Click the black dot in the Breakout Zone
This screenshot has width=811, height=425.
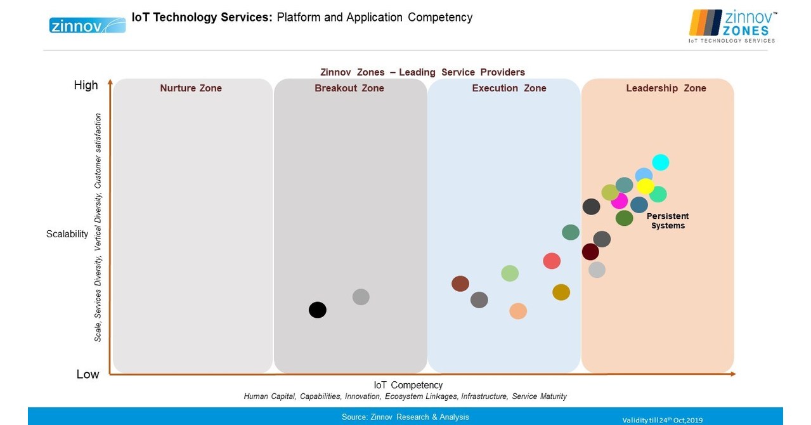318,310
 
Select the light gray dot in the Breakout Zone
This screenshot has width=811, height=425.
361,296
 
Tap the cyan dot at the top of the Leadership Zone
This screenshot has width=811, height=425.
661,162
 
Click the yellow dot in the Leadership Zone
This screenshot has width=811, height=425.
646,186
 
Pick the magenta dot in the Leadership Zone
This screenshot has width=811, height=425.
619,200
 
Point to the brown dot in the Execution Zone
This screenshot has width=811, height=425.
460,284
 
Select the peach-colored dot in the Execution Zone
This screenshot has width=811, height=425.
518,311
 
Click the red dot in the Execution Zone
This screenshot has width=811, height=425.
552,261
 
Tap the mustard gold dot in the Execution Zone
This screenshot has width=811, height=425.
561,292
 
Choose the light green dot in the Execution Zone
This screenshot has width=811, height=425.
510,273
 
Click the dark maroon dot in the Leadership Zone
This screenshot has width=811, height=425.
590,252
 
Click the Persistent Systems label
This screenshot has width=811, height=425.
668,221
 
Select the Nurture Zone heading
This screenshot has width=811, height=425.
191,88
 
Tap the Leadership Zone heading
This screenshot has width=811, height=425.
666,88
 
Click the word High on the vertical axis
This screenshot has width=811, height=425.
86,85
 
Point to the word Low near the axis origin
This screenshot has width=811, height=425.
88,374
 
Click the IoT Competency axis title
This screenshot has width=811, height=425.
408,385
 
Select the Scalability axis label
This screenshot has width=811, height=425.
67,234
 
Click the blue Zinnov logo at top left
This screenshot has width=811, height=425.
88,25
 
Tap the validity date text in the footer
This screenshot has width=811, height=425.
662,420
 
